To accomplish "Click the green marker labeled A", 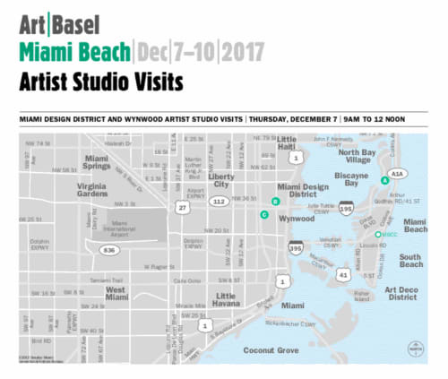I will (x=384, y=180).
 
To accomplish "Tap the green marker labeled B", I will (x=275, y=201).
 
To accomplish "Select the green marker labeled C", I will (x=264, y=215).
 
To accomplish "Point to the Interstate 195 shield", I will (x=346, y=209).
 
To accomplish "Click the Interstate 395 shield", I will (x=297, y=248).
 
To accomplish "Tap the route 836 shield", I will (x=110, y=249).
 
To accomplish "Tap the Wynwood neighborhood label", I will (x=297, y=219).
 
